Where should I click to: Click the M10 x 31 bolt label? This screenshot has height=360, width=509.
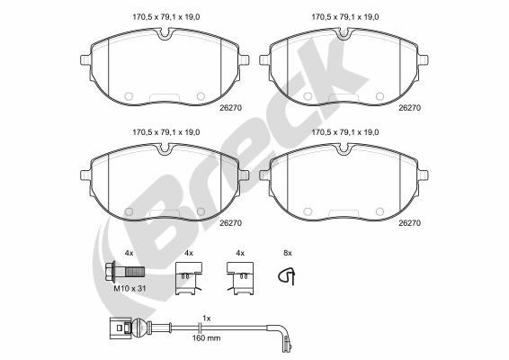(x=129, y=288)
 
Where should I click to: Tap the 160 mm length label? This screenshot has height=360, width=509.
(x=207, y=338)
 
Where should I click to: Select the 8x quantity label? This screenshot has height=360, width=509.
(x=288, y=253)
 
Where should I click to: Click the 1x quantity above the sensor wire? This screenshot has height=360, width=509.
(x=207, y=319)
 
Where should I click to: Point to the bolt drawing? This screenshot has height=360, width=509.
(x=125, y=271)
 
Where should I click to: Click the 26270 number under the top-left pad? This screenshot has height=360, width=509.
(x=231, y=108)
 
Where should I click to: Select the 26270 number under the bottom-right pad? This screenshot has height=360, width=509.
(x=410, y=223)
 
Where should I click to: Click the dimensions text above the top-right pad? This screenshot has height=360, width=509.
(x=345, y=17)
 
